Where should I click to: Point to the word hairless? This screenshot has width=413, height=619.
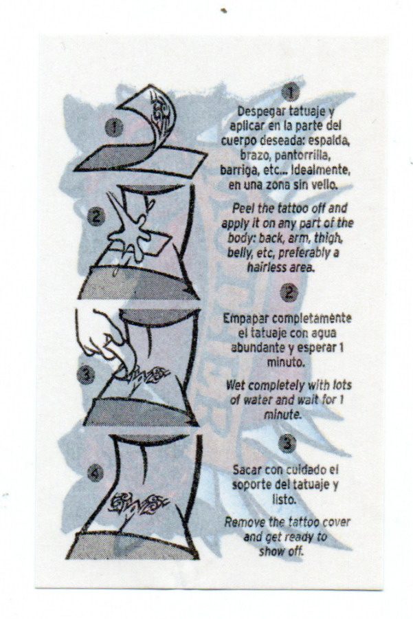point(266,268)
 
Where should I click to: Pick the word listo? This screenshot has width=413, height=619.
point(284,499)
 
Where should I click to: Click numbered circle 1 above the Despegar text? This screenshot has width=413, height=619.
point(290,92)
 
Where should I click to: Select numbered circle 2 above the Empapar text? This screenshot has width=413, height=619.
point(289,292)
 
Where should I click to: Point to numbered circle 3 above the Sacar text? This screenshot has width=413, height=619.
point(287,444)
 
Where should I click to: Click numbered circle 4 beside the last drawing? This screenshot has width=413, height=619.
point(95,473)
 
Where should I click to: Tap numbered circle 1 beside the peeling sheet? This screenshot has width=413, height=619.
point(114,127)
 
